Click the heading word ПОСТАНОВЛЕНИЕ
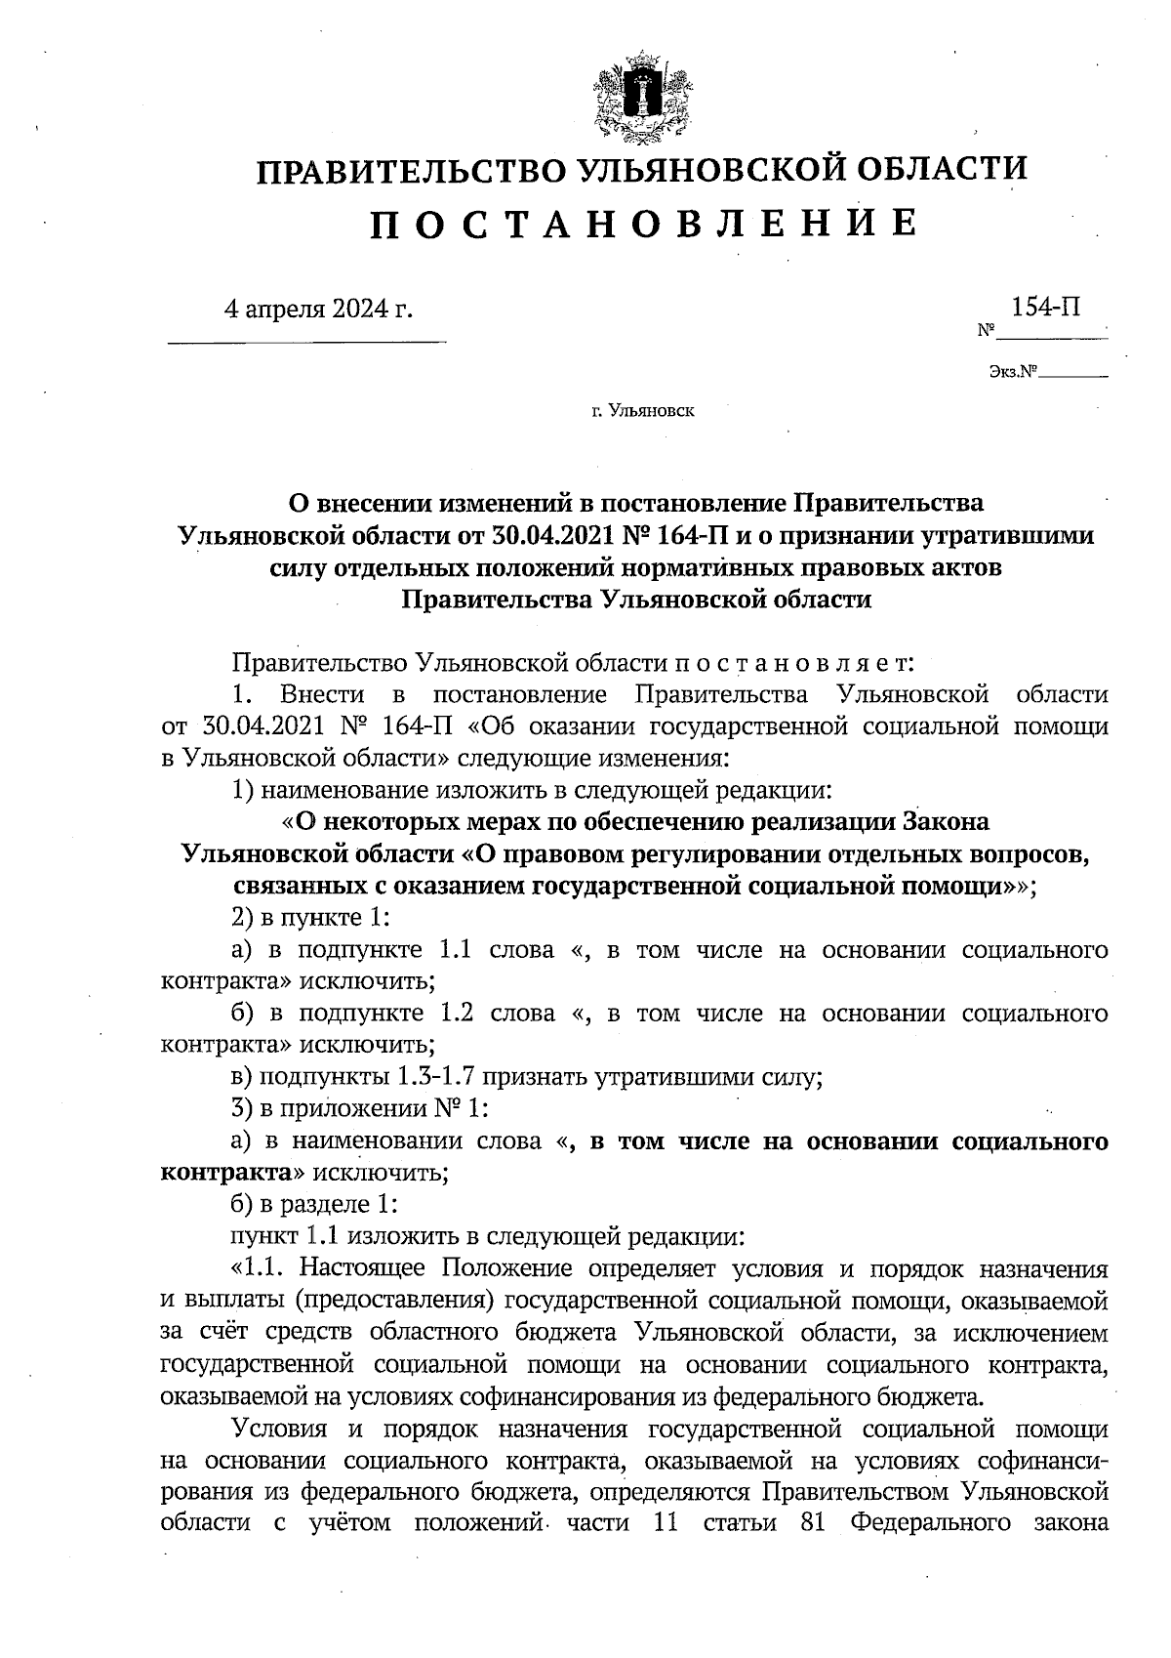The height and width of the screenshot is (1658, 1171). pos(643,224)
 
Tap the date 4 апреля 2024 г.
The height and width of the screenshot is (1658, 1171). pos(318,310)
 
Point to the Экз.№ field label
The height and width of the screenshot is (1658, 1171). pos(1011,371)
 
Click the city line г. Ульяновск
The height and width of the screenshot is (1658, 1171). pos(642,412)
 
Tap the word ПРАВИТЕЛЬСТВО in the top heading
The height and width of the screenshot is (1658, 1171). pos(409,171)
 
